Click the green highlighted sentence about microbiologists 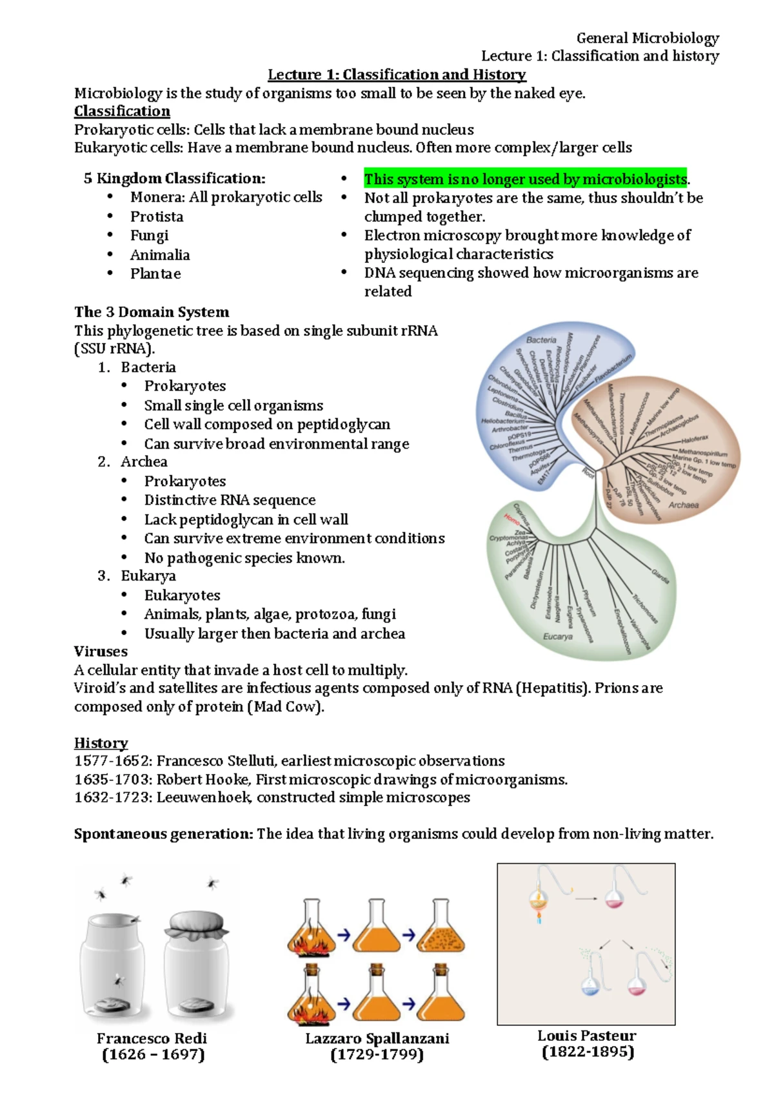tap(526, 179)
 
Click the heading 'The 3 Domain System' tap(152, 313)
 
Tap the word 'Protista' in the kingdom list tap(157, 217)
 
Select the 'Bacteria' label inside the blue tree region tap(541, 340)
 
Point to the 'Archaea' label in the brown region tap(683, 505)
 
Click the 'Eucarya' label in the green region tap(557, 636)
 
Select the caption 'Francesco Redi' tap(152, 1038)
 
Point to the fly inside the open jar tap(119, 980)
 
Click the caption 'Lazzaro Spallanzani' tap(377, 1038)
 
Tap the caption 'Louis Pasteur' tap(586, 1036)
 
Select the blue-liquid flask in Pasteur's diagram tap(590, 985)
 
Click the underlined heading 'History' tap(101, 743)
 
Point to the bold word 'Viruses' tap(101, 652)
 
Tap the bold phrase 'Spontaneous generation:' tap(163, 834)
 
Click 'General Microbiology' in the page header tap(647, 38)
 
